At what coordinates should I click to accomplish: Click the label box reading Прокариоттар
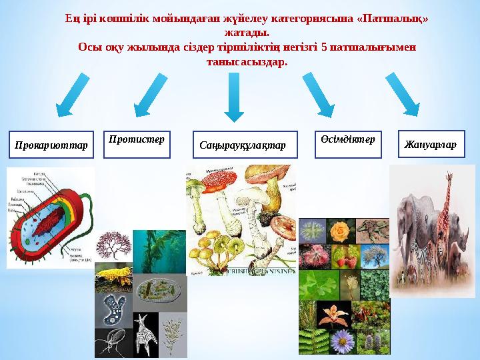pyautogui.click(x=51, y=145)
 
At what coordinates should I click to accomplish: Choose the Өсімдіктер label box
pyautogui.click(x=348, y=145)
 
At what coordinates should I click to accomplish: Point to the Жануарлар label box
pyautogui.click(x=431, y=145)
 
